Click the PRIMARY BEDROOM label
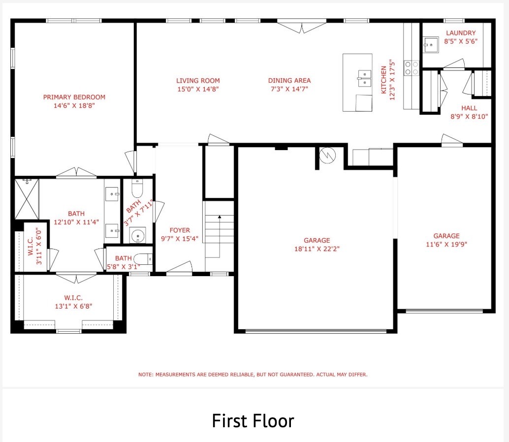tap(74, 97)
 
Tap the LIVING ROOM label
tap(198, 81)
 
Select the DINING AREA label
tap(289, 81)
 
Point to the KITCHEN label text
tap(383, 80)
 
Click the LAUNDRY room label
tap(461, 33)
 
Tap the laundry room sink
tap(431, 44)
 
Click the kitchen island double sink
tap(365, 78)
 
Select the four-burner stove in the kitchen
tap(412, 68)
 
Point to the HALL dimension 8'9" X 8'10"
tap(469, 117)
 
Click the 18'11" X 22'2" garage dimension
tap(317, 249)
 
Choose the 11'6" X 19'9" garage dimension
tap(446, 244)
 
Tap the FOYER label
tap(180, 230)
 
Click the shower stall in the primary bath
tap(27, 199)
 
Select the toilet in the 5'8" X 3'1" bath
tap(143, 259)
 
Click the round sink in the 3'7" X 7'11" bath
tap(137, 235)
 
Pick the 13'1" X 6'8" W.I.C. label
tap(73, 302)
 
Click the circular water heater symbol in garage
tap(327, 155)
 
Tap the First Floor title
tap(253, 421)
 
